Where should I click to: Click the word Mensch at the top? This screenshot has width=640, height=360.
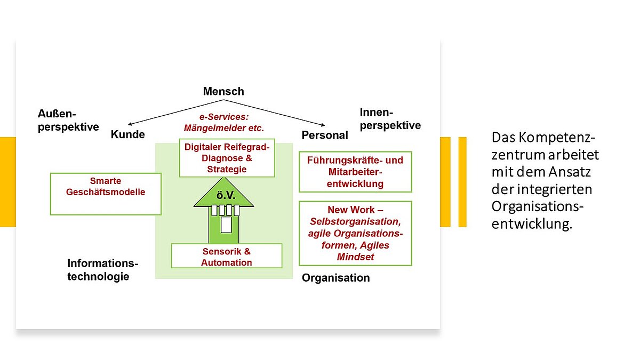coord(223,91)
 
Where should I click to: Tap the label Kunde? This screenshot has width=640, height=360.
coord(127,134)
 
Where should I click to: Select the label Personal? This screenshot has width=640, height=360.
coord(325,135)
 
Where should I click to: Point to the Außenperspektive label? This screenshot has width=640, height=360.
coord(68,120)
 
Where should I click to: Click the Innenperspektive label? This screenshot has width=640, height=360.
coord(390,119)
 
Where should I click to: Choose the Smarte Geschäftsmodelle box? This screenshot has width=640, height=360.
coord(106,186)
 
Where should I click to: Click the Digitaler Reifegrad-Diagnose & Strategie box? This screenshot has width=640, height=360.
coord(227,158)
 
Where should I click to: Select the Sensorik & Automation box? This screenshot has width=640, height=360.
coord(226,257)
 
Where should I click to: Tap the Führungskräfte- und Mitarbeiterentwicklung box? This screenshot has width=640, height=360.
coord(355,172)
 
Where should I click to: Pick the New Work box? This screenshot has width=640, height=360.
coord(355,233)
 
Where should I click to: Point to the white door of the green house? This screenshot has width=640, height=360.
coord(226,224)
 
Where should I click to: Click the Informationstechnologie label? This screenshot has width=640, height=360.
coord(102,270)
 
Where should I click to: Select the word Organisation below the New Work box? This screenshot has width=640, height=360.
coord(335,278)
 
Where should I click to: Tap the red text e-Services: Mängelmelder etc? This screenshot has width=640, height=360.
coord(223,122)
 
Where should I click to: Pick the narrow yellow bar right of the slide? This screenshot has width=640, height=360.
coord(462,182)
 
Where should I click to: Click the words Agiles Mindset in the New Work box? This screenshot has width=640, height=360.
coord(355,251)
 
